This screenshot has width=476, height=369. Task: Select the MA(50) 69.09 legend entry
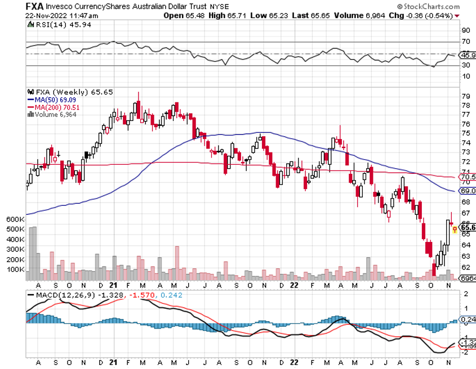[55, 100]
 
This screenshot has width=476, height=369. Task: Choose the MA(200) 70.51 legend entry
[57, 107]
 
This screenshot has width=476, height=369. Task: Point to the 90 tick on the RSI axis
[465, 30]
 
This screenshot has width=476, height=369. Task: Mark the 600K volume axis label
[16, 219]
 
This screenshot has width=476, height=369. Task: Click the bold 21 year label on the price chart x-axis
[113, 285]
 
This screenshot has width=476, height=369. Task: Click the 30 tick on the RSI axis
[465, 66]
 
